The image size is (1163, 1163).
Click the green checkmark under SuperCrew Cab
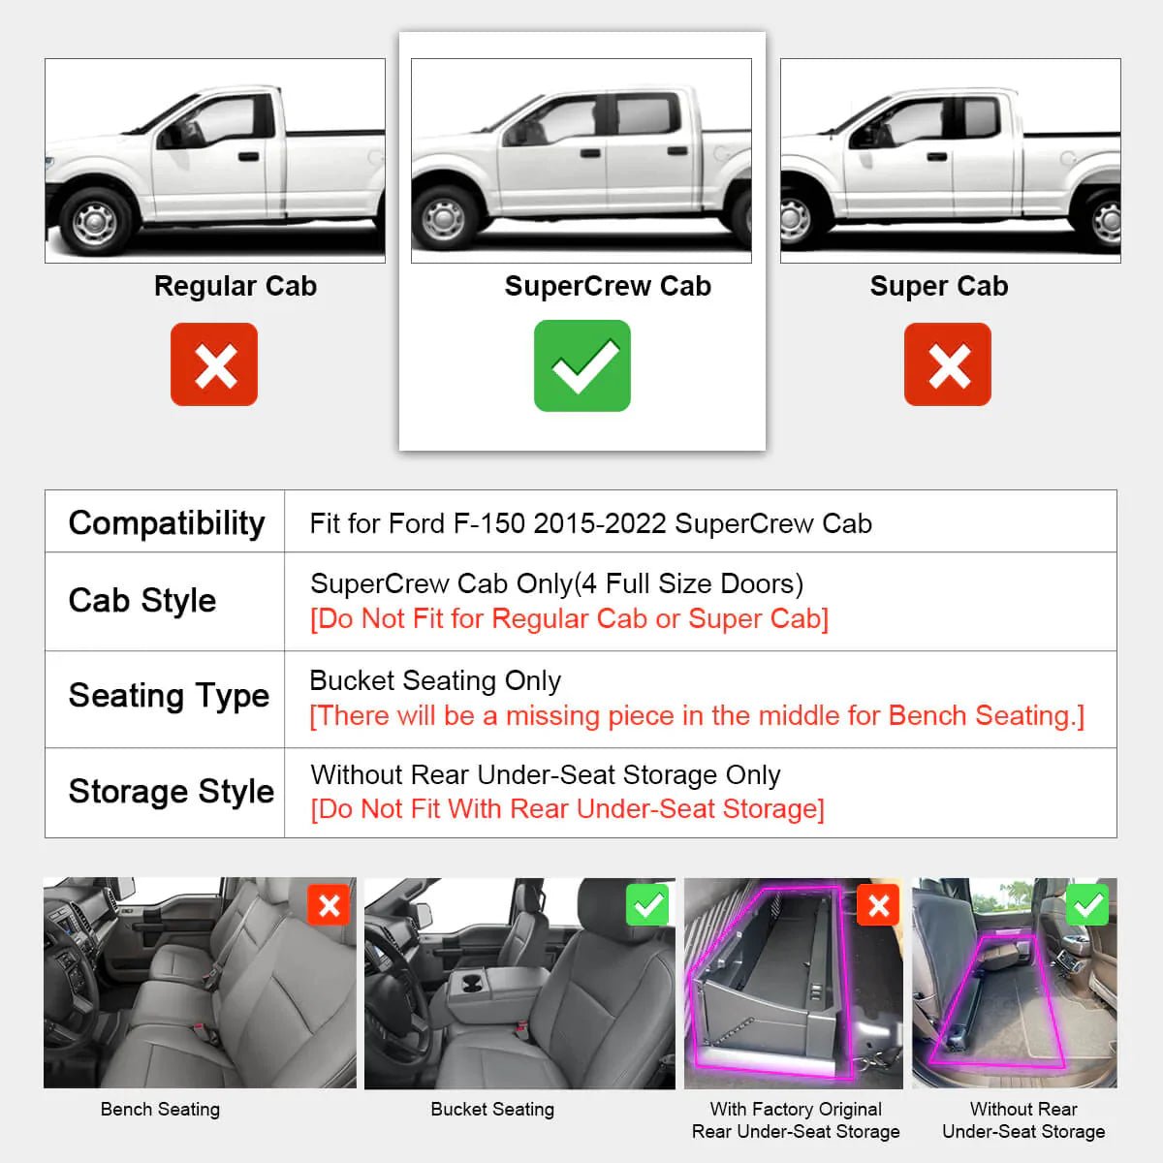(581, 365)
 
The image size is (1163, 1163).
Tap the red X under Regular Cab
(214, 364)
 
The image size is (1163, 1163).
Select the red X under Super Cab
(947, 364)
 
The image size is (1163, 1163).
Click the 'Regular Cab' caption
(235, 286)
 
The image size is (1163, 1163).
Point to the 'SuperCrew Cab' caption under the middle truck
(608, 286)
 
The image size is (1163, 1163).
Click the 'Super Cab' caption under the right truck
(938, 286)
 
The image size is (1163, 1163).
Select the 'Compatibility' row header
(166, 522)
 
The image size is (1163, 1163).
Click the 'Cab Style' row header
(142, 600)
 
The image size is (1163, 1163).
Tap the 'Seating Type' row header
(169, 696)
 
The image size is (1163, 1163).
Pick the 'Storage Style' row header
(171, 791)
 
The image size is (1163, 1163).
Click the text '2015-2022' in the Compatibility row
(599, 523)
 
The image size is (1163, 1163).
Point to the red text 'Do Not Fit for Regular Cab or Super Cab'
(569, 618)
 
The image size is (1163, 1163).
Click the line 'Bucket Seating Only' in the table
(435, 680)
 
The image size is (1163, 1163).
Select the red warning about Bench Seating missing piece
(696, 715)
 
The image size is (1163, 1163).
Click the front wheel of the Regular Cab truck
(95, 221)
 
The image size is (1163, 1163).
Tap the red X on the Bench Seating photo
(329, 906)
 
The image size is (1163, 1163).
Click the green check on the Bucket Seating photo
(647, 906)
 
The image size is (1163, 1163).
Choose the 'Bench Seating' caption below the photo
(160, 1109)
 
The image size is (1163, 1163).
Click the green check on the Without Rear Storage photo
(1087, 905)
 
